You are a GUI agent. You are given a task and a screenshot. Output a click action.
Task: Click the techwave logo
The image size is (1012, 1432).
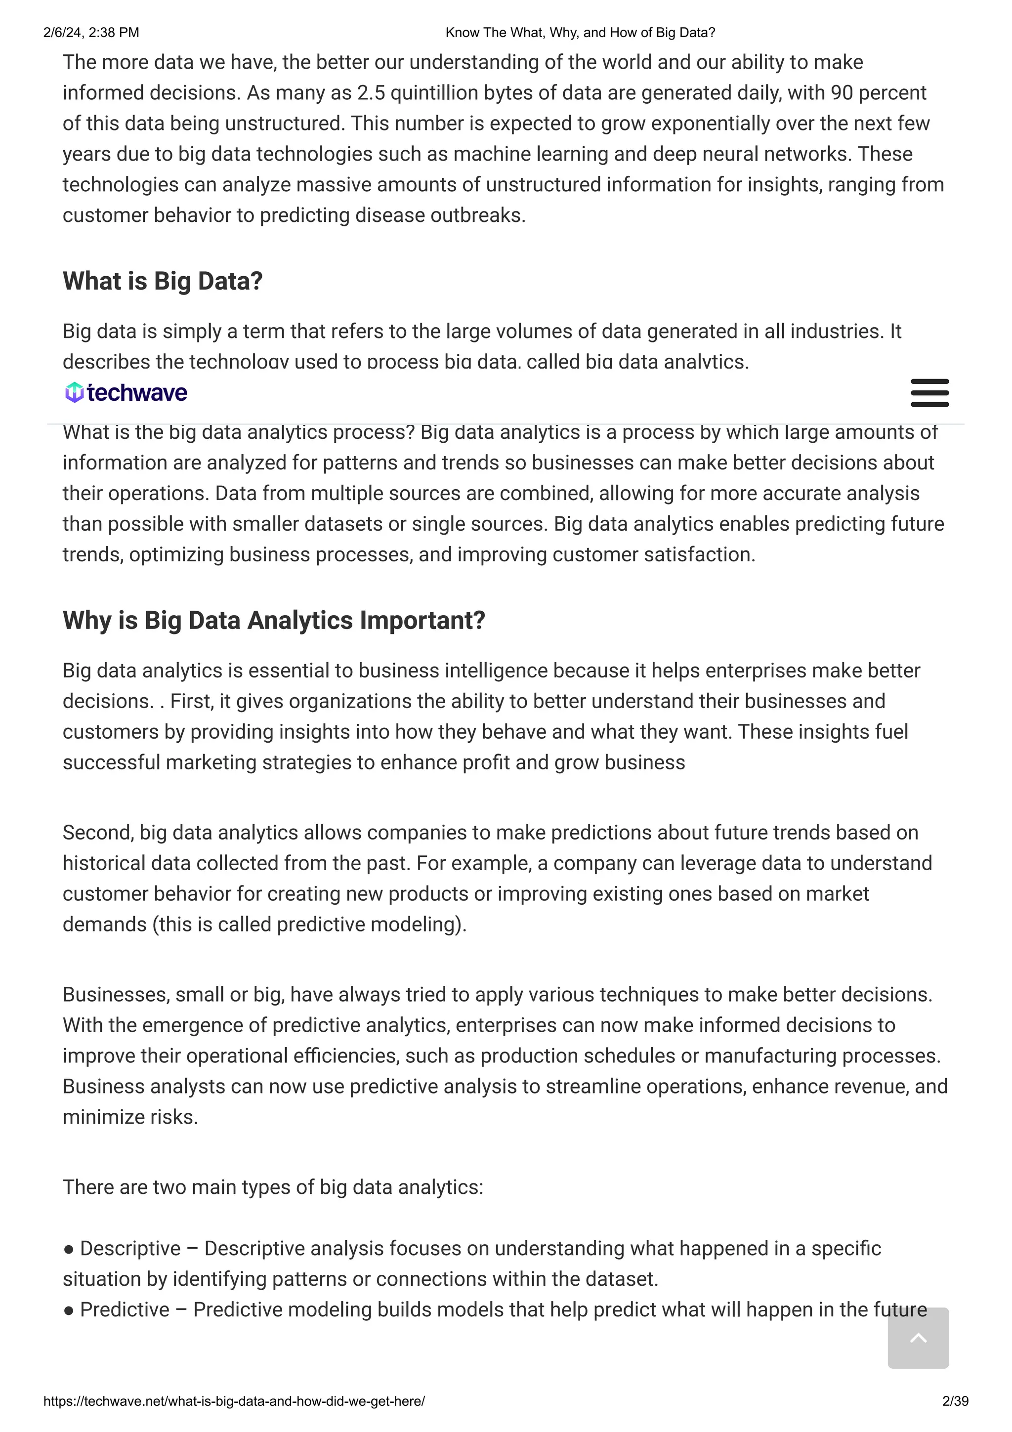126,392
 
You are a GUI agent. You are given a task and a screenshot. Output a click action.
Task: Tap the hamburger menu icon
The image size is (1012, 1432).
929,393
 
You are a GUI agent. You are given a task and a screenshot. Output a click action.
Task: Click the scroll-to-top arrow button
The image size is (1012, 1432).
918,1339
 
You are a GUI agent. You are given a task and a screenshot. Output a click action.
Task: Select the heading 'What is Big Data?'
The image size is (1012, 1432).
163,281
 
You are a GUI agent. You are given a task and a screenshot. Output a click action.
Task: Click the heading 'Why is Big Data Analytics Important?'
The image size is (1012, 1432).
274,621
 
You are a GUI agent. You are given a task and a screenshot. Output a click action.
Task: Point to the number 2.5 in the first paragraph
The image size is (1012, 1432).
371,93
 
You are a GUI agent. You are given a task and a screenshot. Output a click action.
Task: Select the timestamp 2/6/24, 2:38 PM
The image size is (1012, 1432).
91,33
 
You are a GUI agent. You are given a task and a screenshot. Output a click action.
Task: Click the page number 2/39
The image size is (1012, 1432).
955,1401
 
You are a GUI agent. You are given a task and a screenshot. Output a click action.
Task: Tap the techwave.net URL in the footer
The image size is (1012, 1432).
234,1401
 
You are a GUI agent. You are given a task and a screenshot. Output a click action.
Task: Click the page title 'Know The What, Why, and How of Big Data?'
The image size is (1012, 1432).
580,33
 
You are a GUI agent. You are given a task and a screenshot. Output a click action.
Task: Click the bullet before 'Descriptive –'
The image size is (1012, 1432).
69,1249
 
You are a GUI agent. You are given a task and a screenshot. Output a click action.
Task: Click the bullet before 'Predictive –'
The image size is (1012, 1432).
69,1310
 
